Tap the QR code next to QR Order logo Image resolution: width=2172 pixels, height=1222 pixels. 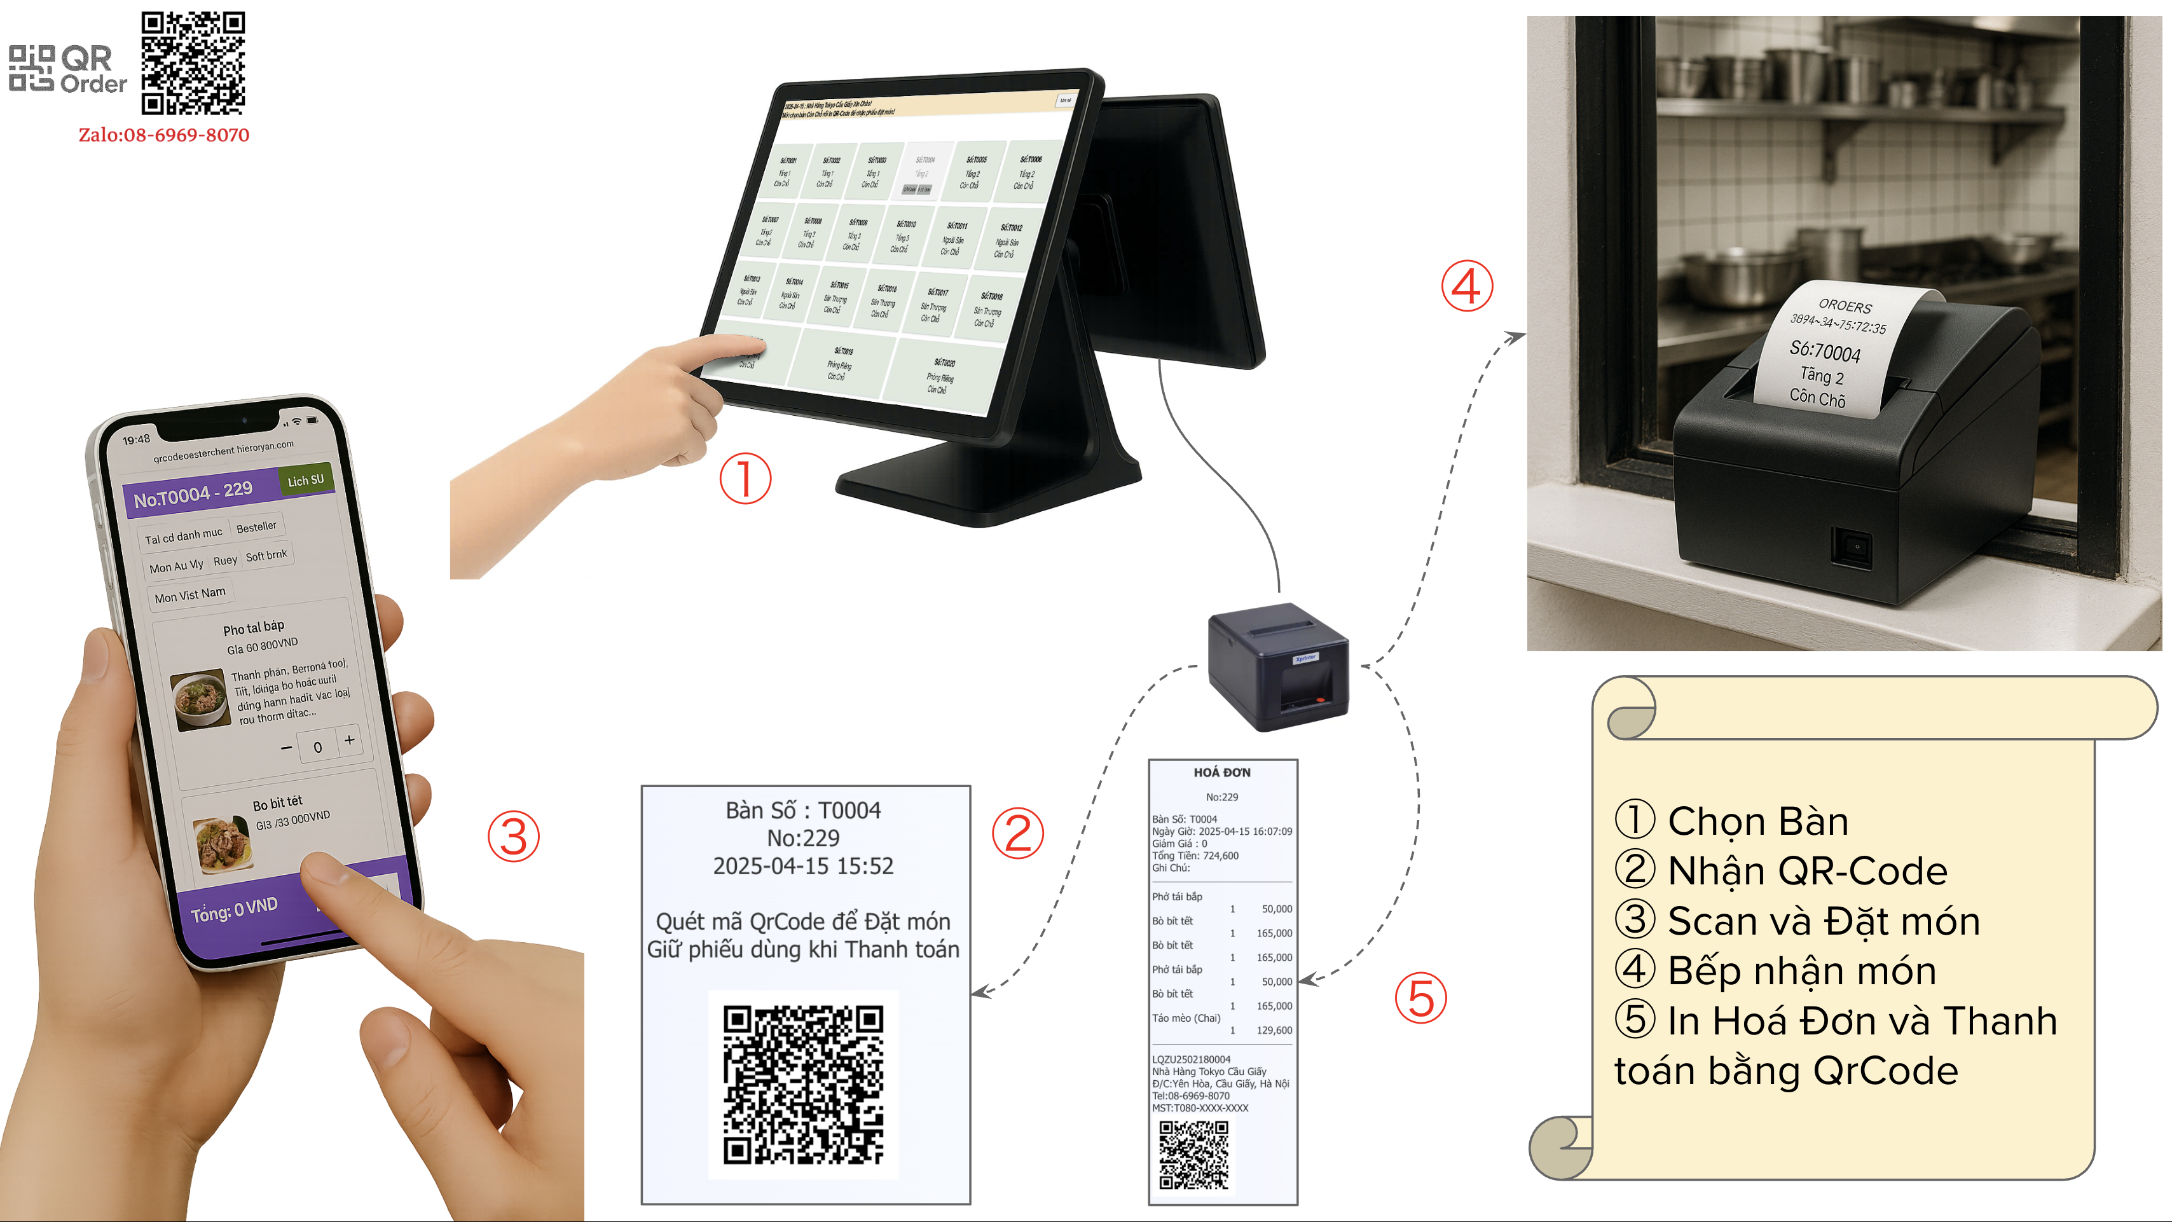pyautogui.click(x=193, y=63)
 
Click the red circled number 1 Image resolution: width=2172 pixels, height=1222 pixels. pyautogui.click(x=745, y=478)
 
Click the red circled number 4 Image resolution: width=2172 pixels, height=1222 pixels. pyautogui.click(x=1466, y=286)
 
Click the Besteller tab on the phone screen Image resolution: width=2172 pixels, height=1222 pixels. pyautogui.click(x=256, y=527)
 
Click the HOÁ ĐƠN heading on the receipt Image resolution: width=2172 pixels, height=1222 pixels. pyautogui.click(x=1222, y=772)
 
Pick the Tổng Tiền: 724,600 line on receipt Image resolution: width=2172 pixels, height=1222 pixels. pyautogui.click(x=1195, y=856)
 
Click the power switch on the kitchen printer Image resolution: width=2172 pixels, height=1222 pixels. pyautogui.click(x=1852, y=547)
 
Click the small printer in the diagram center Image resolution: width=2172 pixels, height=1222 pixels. pyautogui.click(x=1277, y=666)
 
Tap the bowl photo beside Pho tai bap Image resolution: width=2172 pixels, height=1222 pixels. pyautogui.click(x=201, y=698)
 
